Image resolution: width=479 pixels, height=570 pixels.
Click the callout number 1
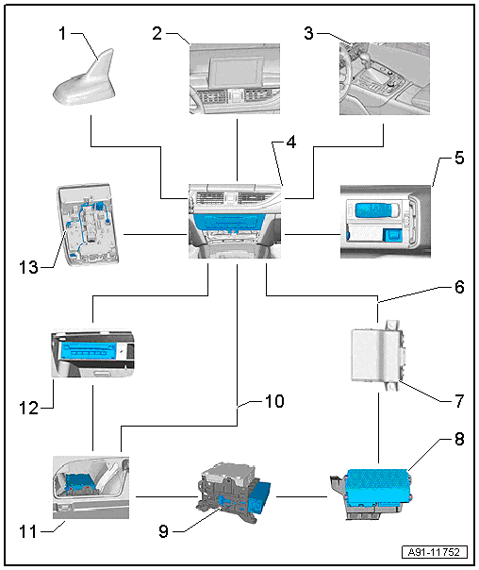pos(62,33)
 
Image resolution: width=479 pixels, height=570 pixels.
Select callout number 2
pos(157,33)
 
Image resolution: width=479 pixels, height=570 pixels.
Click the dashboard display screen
pos(237,73)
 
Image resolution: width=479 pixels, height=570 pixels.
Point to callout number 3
pos(308,33)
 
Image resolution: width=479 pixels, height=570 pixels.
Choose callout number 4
pos(291,142)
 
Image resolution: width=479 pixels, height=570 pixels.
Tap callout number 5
pos(459,159)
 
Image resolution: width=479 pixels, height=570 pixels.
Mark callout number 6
pos(459,287)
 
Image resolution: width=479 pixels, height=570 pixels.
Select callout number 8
pos(459,439)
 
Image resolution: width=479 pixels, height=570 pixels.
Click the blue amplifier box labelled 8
pos(378,486)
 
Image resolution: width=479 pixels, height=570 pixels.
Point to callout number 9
pos(164,531)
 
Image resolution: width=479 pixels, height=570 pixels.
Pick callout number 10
pos(274,401)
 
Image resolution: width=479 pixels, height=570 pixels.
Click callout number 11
pos(28,532)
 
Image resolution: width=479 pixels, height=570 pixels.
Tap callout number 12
pos(28,408)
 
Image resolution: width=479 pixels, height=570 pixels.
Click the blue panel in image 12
pos(90,351)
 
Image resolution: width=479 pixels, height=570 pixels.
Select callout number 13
pos(28,268)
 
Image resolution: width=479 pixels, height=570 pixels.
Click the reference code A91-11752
pos(435,552)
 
